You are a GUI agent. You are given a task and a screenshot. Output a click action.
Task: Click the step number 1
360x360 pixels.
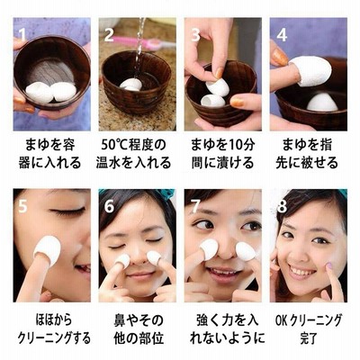point(22,34)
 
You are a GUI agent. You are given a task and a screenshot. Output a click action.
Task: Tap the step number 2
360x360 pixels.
point(109,34)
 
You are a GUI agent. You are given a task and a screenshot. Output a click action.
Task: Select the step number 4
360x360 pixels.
point(282,34)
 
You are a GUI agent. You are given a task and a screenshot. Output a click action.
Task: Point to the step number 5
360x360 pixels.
point(23,205)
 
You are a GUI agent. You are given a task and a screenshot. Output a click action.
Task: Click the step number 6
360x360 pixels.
point(109,206)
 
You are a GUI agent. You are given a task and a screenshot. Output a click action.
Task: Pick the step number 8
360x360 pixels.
point(282,206)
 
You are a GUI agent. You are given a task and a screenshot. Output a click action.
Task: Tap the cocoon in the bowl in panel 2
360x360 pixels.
point(131,85)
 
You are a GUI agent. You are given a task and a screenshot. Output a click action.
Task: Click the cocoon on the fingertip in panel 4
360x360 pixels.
point(310,71)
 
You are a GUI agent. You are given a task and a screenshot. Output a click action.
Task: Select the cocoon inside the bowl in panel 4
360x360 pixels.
point(322,102)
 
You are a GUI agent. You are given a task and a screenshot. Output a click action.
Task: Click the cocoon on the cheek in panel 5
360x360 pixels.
point(48,250)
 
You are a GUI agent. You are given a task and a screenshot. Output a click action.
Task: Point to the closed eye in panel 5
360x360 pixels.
point(67,211)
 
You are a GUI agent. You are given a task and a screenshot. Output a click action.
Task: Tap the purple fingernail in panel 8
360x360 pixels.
point(328,265)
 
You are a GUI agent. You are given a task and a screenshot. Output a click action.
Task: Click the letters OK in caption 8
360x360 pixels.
point(282,320)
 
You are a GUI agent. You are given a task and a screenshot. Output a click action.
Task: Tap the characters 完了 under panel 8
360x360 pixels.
point(309,338)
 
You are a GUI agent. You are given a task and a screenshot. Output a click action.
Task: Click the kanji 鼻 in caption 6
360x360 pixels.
point(121,320)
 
